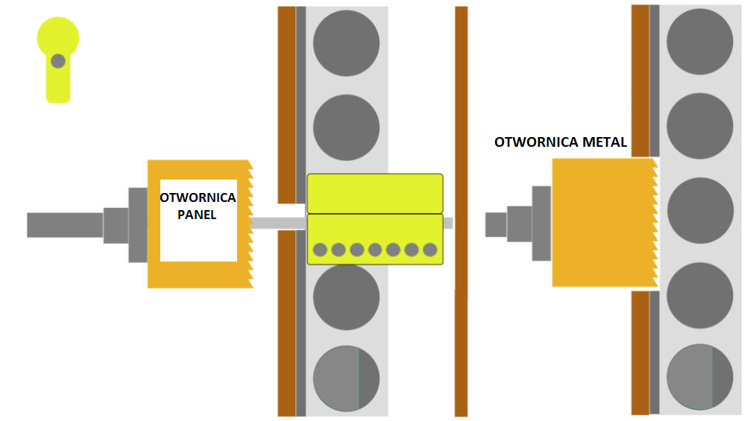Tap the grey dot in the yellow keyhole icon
pos(57,61)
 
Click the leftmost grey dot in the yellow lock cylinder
pos(321,250)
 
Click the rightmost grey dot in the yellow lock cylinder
pos(430,250)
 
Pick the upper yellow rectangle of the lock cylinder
pos(375,193)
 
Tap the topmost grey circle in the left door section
pos(346,42)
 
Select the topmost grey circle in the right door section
pos(699,42)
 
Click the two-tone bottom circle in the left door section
pos(346,378)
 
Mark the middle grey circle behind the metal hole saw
pos(699,211)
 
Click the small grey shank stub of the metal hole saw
pos(496,224)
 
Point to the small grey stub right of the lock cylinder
pos(448,223)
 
